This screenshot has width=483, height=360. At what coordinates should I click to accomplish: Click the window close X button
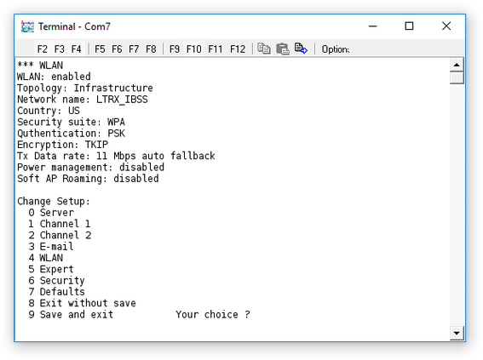pyautogui.click(x=446, y=26)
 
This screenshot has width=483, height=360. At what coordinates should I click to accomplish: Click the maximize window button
pyautogui.click(x=409, y=26)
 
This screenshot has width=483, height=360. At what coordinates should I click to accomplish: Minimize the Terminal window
pyautogui.click(x=373, y=26)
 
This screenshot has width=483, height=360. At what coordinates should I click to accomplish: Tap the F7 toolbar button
pyautogui.click(x=134, y=49)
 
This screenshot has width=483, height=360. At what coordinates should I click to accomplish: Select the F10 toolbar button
pyautogui.click(x=193, y=49)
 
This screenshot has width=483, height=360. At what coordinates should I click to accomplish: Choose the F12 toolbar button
pyautogui.click(x=238, y=49)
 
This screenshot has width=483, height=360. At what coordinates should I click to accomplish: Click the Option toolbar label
pyautogui.click(x=336, y=49)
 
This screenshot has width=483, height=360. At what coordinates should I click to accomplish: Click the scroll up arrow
pyautogui.click(x=457, y=65)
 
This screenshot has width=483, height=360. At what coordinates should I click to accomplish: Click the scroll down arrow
pyautogui.click(x=457, y=333)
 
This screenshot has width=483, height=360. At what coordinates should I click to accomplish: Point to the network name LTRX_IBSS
pyautogui.click(x=122, y=100)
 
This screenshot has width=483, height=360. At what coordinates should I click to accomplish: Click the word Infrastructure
pyautogui.click(x=113, y=88)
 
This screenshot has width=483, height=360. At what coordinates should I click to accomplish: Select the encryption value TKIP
pyautogui.click(x=96, y=145)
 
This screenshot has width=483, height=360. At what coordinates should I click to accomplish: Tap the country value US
pyautogui.click(x=74, y=111)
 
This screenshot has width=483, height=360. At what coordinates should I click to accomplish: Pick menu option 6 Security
pyautogui.click(x=56, y=280)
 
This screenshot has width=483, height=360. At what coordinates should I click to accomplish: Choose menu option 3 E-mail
pyautogui.click(x=51, y=246)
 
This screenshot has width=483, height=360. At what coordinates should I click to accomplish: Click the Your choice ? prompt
pyautogui.click(x=213, y=314)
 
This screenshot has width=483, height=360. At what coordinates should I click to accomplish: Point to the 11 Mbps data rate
pyautogui.click(x=116, y=156)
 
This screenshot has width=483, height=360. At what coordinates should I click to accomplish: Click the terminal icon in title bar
pyautogui.click(x=27, y=26)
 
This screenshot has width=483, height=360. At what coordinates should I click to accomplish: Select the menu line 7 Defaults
pyautogui.click(x=56, y=291)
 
